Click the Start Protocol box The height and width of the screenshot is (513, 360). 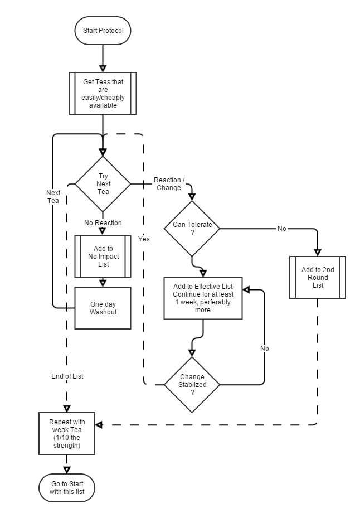point(103,30)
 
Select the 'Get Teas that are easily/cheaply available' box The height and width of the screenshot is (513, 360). point(103,93)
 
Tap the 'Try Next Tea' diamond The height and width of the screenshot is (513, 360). point(103,183)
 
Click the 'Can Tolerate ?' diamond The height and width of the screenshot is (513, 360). point(192,228)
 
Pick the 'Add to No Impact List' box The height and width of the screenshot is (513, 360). point(103,256)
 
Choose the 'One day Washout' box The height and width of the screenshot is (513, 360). point(103,308)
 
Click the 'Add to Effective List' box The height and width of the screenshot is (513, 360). point(203,298)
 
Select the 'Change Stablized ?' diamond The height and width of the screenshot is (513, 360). point(192,384)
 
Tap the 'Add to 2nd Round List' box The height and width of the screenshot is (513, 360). point(318,277)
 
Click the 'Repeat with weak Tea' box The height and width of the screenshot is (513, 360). point(67,433)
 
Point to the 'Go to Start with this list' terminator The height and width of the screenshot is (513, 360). point(67,487)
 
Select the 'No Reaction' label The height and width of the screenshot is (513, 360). point(103,223)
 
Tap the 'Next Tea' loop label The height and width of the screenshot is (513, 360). point(53,197)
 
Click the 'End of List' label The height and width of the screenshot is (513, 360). point(67,376)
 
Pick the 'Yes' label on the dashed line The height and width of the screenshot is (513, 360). point(144,239)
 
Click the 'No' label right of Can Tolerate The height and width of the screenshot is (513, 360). point(281,229)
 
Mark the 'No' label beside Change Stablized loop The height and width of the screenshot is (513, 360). point(264,348)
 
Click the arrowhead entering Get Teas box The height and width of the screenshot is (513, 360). point(103,68)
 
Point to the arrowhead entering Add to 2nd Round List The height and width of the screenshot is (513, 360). point(318,252)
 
